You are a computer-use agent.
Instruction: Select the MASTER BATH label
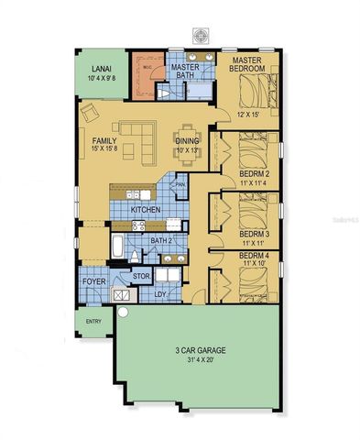point(185,72)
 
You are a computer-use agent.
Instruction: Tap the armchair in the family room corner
point(91,113)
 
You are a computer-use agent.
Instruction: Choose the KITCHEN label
point(147,210)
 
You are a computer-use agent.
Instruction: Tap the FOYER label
point(94,281)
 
